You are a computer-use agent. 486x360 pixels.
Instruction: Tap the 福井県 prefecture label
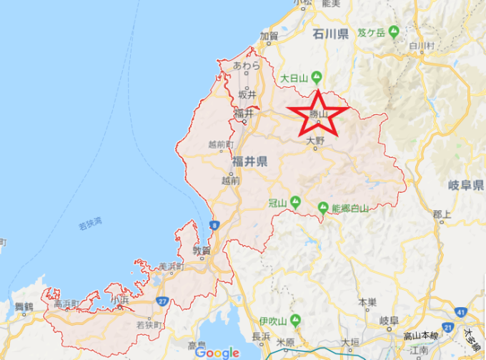[x=249, y=162]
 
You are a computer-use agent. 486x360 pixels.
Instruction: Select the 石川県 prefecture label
[x=331, y=34]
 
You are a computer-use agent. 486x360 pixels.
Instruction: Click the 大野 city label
[x=315, y=141]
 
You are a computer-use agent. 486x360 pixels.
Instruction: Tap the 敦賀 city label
[x=202, y=250]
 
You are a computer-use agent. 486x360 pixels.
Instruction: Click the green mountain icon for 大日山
[x=317, y=77]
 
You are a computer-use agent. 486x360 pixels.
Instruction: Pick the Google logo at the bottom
[x=217, y=352]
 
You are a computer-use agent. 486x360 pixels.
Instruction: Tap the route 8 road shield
[x=214, y=226]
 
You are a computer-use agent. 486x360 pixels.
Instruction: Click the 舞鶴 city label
[x=24, y=306]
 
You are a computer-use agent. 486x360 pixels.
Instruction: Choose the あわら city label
[x=246, y=66]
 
